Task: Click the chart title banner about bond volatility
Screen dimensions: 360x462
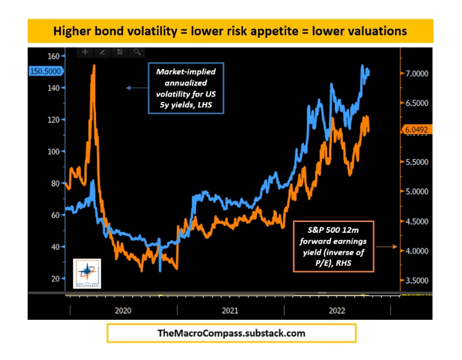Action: (x=230, y=31)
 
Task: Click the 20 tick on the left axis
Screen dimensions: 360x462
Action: (x=55, y=279)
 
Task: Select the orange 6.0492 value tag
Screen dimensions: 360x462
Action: (x=415, y=129)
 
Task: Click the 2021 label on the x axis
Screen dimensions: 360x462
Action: (x=229, y=310)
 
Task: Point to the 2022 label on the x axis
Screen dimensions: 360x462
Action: (x=337, y=310)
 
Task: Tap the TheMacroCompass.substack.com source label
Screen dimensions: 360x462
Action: (x=231, y=333)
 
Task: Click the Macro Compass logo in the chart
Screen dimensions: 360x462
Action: (x=86, y=272)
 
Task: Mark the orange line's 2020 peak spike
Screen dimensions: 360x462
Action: (x=93, y=66)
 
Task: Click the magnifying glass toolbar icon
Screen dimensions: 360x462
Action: (x=137, y=52)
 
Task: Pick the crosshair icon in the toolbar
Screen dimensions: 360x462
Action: (x=85, y=52)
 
